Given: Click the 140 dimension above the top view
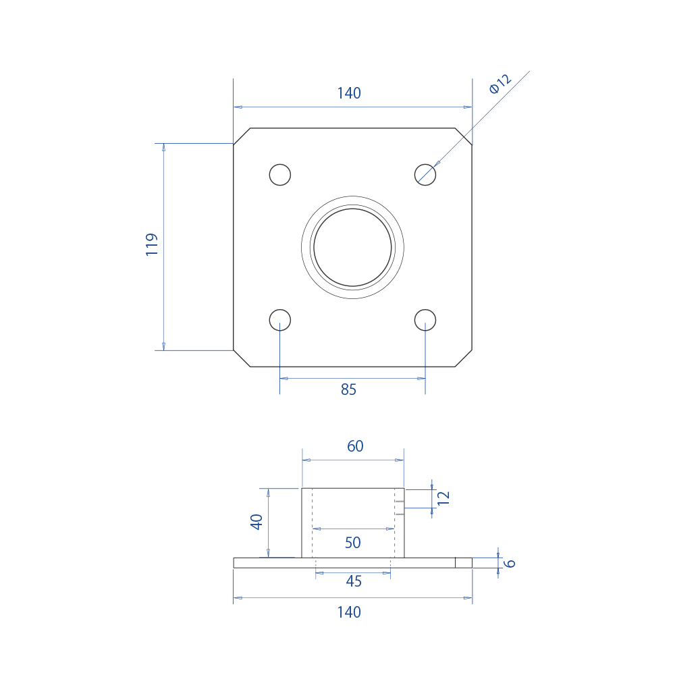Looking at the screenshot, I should [x=349, y=94].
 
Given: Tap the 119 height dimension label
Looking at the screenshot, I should [x=152, y=244].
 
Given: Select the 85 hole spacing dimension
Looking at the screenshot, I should [x=348, y=389].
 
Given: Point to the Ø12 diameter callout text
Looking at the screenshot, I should [x=501, y=84].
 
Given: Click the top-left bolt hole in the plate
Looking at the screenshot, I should [x=280, y=174].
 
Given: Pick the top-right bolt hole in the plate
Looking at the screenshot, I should [x=425, y=174].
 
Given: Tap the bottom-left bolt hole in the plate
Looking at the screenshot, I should [x=280, y=319].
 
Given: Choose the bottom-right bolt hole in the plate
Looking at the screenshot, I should [x=425, y=319].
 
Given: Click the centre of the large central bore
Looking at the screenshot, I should [x=352, y=247].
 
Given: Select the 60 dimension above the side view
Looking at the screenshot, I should [x=355, y=446].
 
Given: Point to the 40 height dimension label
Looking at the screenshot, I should [x=256, y=522].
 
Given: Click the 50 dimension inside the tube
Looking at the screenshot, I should [x=352, y=543].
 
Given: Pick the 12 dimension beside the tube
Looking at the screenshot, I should [x=443, y=498].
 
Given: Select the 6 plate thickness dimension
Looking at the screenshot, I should [x=510, y=563].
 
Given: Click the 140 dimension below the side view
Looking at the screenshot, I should [x=349, y=612].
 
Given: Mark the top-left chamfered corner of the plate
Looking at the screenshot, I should [x=242, y=136].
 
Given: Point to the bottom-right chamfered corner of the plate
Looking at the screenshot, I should [x=464, y=358].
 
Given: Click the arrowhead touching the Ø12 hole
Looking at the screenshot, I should [x=437, y=163].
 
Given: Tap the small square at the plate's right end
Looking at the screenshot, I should [x=463, y=563].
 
